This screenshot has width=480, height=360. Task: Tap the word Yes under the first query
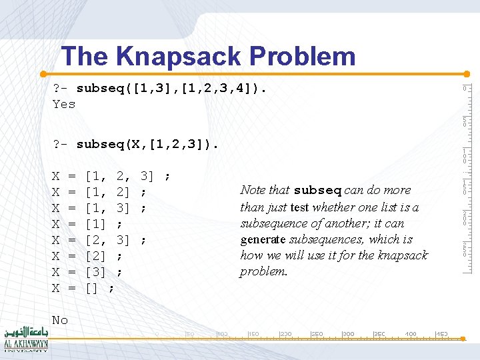click(64, 104)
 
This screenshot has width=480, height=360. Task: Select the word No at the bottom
click(60, 320)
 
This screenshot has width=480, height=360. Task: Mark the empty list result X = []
click(83, 288)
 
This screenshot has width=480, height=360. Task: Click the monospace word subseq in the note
click(317, 191)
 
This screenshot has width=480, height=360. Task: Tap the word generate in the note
click(262, 239)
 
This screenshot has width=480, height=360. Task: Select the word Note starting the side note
click(253, 191)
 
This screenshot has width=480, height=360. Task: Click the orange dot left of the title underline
click(43, 73)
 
